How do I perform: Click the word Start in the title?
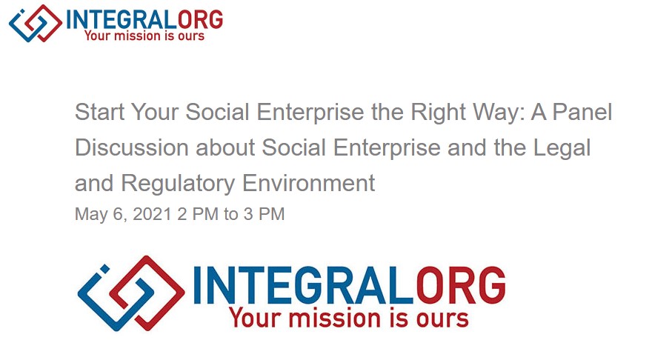pyautogui.click(x=100, y=113)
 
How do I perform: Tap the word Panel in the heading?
pyautogui.click(x=582, y=113)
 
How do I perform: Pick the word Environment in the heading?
pyautogui.click(x=308, y=183)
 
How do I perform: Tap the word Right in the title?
pyautogui.click(x=438, y=113)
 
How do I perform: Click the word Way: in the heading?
pyautogui.click(x=499, y=113)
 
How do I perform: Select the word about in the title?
pyautogui.click(x=225, y=147)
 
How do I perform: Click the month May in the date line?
pyautogui.click(x=91, y=215)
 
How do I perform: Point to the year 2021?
pyautogui.click(x=153, y=214)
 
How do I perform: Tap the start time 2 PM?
pyautogui.click(x=198, y=214)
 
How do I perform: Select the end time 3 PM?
pyautogui.click(x=264, y=214)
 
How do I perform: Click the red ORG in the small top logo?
pyautogui.click(x=200, y=20)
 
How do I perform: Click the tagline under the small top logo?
pyautogui.click(x=144, y=36)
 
